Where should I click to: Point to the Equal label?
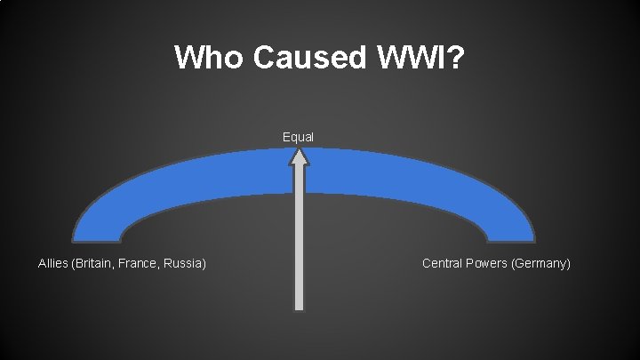[x=298, y=137]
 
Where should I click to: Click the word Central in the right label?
[x=442, y=263]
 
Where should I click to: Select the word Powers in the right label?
[x=486, y=263]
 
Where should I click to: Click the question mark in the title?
[x=453, y=57]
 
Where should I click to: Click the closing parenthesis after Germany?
[x=568, y=263]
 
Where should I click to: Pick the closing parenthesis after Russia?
[x=205, y=263]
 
